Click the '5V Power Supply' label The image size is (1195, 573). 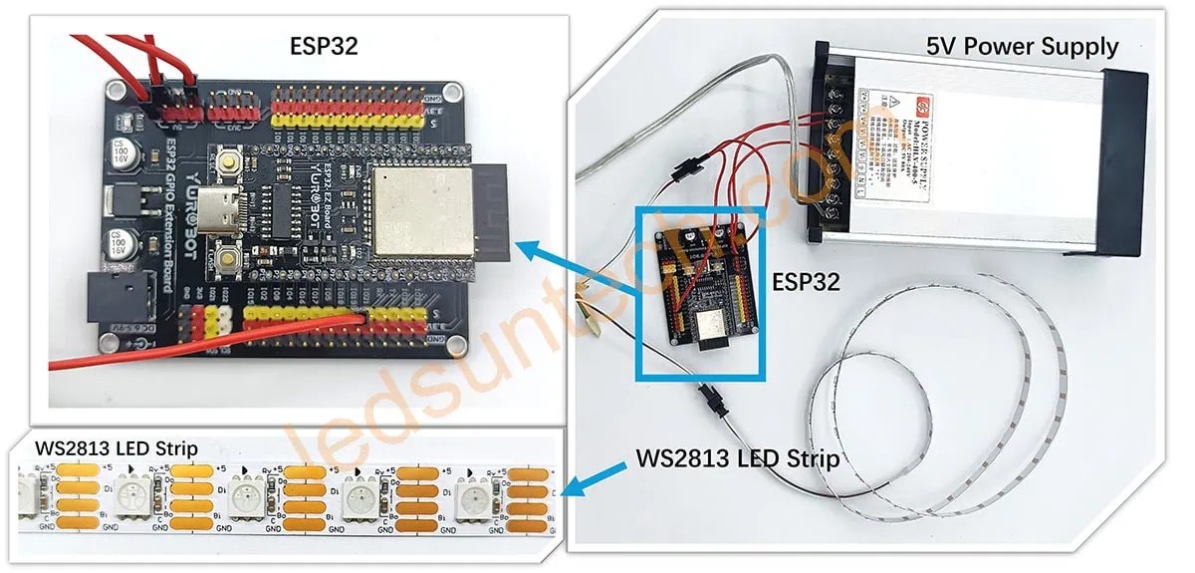click(x=1022, y=46)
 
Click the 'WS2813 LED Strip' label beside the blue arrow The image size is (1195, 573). click(x=737, y=460)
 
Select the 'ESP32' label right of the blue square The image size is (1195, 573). click(x=806, y=282)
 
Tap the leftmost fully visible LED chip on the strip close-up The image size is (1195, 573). click(x=132, y=491)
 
